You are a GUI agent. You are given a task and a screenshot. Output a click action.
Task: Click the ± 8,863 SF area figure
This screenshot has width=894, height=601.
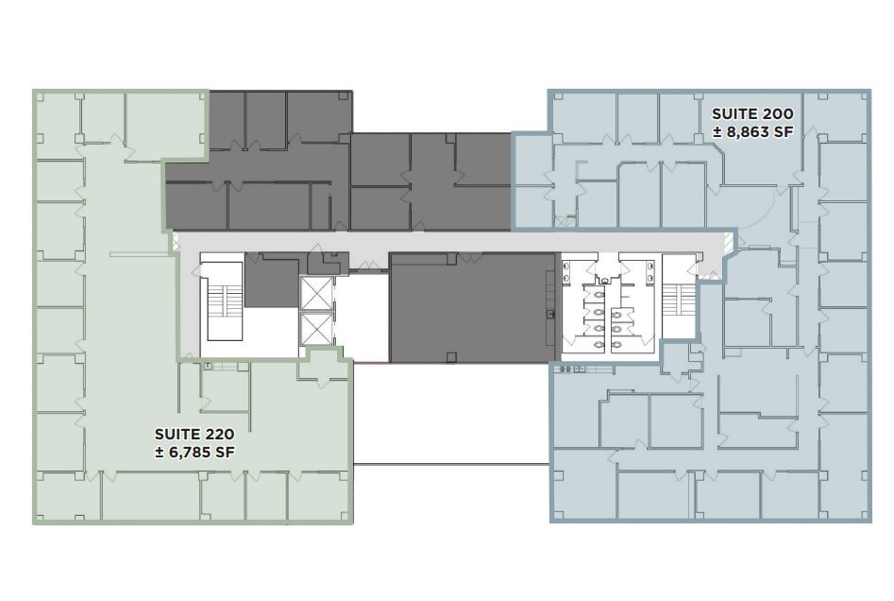(x=752, y=132)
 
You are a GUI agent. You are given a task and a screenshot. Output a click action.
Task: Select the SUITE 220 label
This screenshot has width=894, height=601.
(x=194, y=434)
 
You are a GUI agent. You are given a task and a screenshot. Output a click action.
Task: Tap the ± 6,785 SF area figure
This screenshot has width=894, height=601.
(x=194, y=452)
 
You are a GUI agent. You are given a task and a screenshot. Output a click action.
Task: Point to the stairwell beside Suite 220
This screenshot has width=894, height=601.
(x=223, y=304)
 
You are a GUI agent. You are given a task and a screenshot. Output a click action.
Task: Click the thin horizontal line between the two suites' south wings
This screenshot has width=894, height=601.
(x=450, y=463)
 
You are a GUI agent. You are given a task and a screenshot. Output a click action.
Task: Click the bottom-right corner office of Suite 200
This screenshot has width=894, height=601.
(x=843, y=495)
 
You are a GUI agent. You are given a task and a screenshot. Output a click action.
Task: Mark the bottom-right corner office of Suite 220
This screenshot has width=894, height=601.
(x=318, y=496)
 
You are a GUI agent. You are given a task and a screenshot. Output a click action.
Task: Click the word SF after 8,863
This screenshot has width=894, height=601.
(x=781, y=132)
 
